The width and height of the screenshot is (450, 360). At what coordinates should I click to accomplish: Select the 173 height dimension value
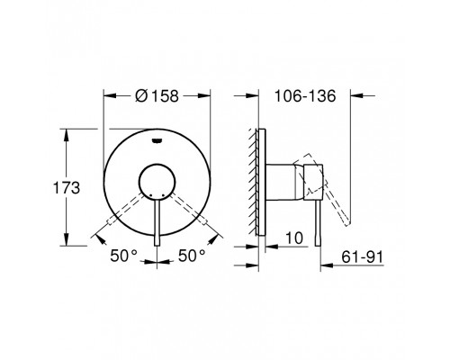point(68,189)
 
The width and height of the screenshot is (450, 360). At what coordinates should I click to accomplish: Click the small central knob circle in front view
point(158,178)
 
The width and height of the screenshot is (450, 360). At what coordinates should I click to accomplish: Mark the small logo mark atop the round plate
point(158,139)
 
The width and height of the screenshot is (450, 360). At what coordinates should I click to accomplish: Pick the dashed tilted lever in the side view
point(334,202)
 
